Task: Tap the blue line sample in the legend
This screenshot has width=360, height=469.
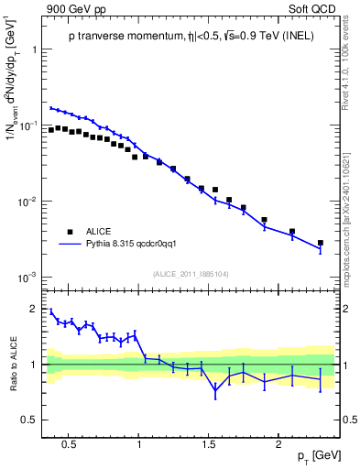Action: (x=71, y=245)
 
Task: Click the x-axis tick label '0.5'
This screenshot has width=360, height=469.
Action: (x=67, y=443)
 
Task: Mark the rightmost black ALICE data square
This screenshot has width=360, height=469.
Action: (x=320, y=243)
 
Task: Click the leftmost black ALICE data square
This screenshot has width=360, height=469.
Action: (x=51, y=130)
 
